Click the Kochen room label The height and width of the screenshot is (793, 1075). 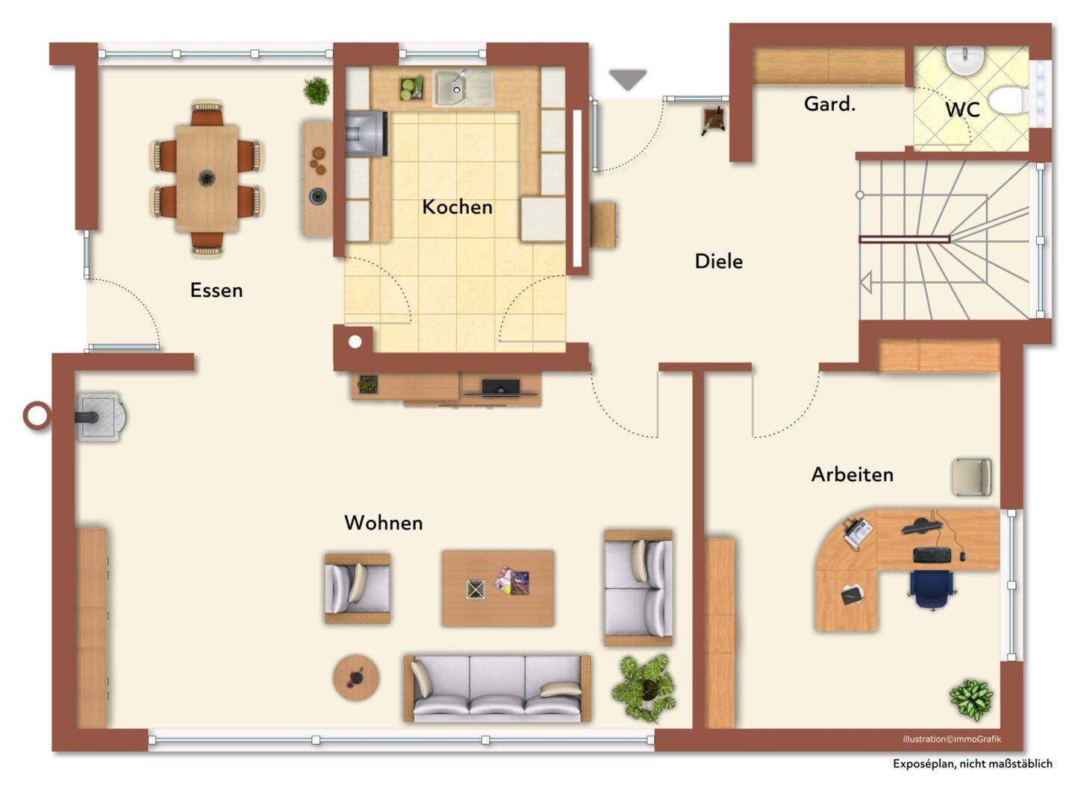tap(457, 207)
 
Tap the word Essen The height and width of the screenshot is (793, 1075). tap(216, 291)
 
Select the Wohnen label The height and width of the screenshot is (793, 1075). tap(384, 523)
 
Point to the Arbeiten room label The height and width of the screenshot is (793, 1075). tap(852, 474)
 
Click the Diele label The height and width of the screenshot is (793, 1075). tap(719, 262)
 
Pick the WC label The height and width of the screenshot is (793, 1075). tap(962, 110)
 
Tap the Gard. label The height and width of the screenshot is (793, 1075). tap(829, 104)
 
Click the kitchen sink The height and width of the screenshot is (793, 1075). tap(463, 88)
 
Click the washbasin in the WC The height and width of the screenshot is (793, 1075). tap(965, 61)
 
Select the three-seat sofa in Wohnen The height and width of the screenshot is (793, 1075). tap(497, 689)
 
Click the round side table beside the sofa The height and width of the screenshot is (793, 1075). tap(356, 677)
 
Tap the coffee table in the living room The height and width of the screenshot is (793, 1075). tap(498, 588)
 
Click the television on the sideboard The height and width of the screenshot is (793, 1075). tap(501, 389)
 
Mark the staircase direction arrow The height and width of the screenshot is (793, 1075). tap(866, 283)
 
